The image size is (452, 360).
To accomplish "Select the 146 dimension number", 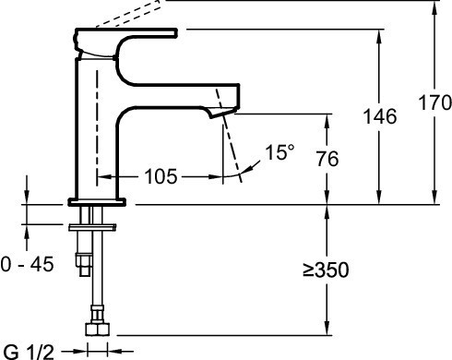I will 378,116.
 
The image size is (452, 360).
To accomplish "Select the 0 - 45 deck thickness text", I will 28,265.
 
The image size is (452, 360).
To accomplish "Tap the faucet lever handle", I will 125,35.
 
